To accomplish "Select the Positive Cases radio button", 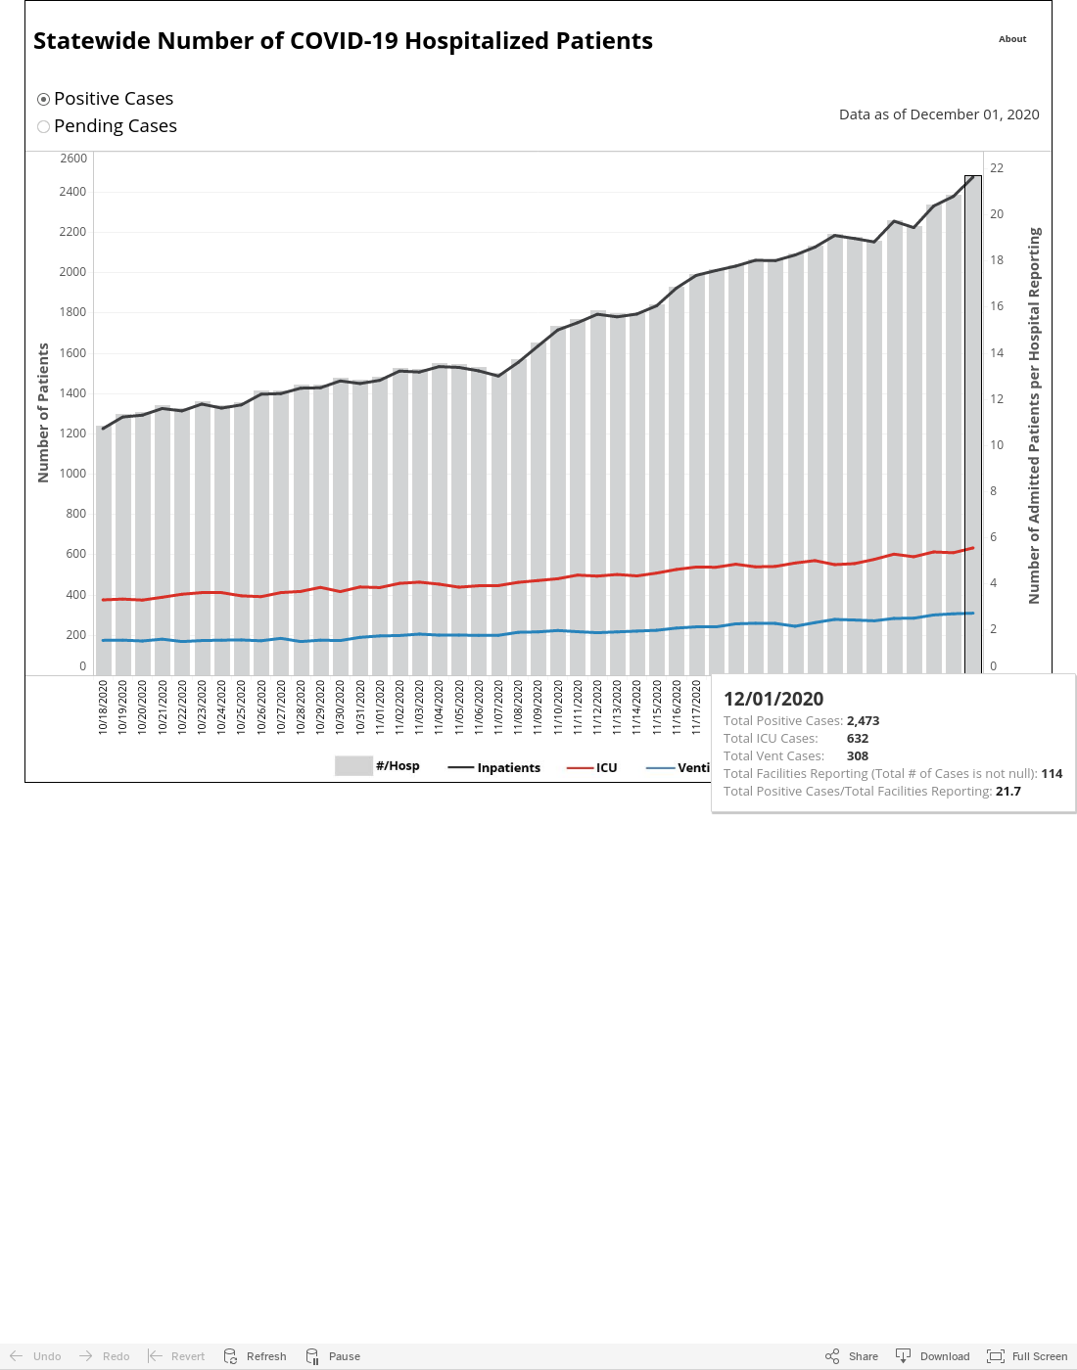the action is pos(43,100).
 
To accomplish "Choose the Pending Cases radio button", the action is pos(43,126).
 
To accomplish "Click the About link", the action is pos(1012,39).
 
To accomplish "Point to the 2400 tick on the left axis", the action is pos(72,192).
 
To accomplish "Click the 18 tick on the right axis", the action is pos(997,259).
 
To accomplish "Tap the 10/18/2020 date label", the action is pos(103,707).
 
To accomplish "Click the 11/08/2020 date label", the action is pos(518,707).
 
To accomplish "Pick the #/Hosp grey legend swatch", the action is pos(353,766).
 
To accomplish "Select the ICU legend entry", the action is pos(592,767).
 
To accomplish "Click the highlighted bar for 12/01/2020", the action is pos(973,425).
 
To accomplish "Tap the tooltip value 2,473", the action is pos(863,720).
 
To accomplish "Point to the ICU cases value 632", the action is pos(858,738).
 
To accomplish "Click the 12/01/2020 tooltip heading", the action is pos(773,699).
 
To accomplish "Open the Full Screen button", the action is pos(1027,1355).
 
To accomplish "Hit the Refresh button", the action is pos(255,1355).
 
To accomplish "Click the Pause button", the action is pos(332,1355).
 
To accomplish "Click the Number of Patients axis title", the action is pos(43,413).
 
